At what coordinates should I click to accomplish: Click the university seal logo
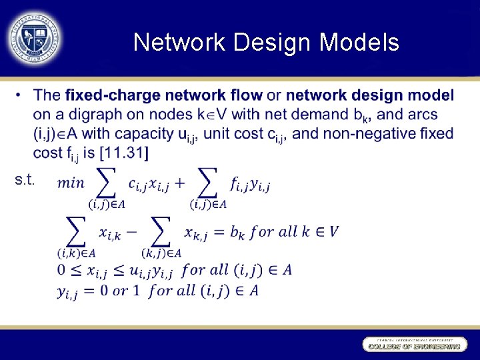click(x=34, y=37)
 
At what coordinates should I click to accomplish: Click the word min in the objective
click(x=72, y=182)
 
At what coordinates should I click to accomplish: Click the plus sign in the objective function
click(x=179, y=181)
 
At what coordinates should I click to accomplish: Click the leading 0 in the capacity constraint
click(x=61, y=270)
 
